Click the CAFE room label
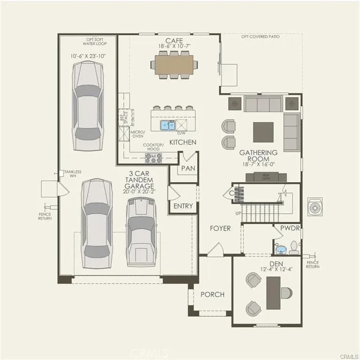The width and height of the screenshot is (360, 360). point(171,40)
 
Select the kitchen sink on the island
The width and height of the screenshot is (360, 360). point(167,125)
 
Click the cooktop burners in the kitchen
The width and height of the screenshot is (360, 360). point(153,158)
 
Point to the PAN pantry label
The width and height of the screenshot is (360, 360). point(188,168)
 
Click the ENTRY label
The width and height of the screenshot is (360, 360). point(183,206)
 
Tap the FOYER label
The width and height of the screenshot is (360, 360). point(220,228)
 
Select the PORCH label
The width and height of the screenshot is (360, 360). point(212,294)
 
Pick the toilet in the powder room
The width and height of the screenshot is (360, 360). point(294,246)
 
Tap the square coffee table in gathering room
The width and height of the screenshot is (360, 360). point(263,132)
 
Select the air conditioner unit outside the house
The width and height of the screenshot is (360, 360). point(315,207)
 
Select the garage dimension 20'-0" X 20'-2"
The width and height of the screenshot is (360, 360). point(139,191)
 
